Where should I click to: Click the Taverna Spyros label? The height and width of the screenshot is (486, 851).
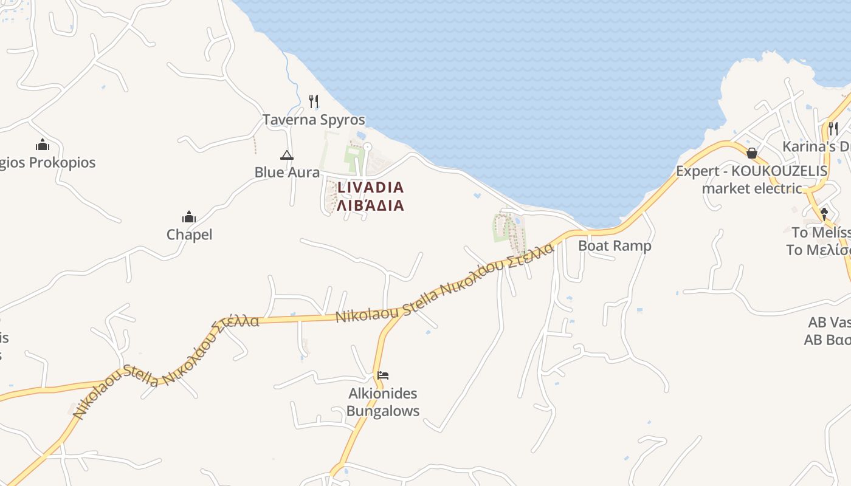point(314,120)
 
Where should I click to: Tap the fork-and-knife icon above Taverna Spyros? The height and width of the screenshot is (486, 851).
point(314,101)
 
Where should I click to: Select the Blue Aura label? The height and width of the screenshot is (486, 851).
point(287,173)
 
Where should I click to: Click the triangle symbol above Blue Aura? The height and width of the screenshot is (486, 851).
point(287,156)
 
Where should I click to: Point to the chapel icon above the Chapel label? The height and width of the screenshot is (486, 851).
point(189,217)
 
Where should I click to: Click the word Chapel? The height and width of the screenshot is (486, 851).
point(190,234)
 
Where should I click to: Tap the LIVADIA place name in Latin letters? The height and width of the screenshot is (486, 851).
point(370,188)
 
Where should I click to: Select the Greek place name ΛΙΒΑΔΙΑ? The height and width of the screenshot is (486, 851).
point(370,205)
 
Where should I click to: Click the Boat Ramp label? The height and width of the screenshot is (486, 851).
point(615,246)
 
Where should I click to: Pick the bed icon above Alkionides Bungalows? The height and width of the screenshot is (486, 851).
point(382,375)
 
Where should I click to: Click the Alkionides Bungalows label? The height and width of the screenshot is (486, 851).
point(383,402)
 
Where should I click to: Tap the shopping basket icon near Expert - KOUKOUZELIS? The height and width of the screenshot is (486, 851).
point(752,153)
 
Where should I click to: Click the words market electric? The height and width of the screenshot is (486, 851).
point(752,188)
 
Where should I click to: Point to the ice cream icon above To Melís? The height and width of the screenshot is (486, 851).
point(824,214)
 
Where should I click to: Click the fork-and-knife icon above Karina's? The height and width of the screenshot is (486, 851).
point(833,128)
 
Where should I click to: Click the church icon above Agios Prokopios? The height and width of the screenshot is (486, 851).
point(43,145)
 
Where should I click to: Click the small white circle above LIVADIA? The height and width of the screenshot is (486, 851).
point(367,146)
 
